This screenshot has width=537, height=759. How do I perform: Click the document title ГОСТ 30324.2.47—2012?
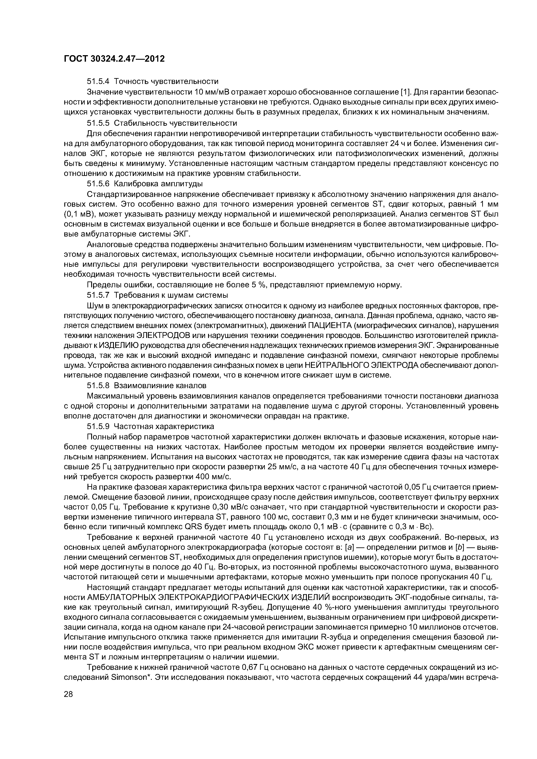(x=114, y=59)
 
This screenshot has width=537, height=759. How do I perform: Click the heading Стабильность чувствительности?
(x=175, y=123)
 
